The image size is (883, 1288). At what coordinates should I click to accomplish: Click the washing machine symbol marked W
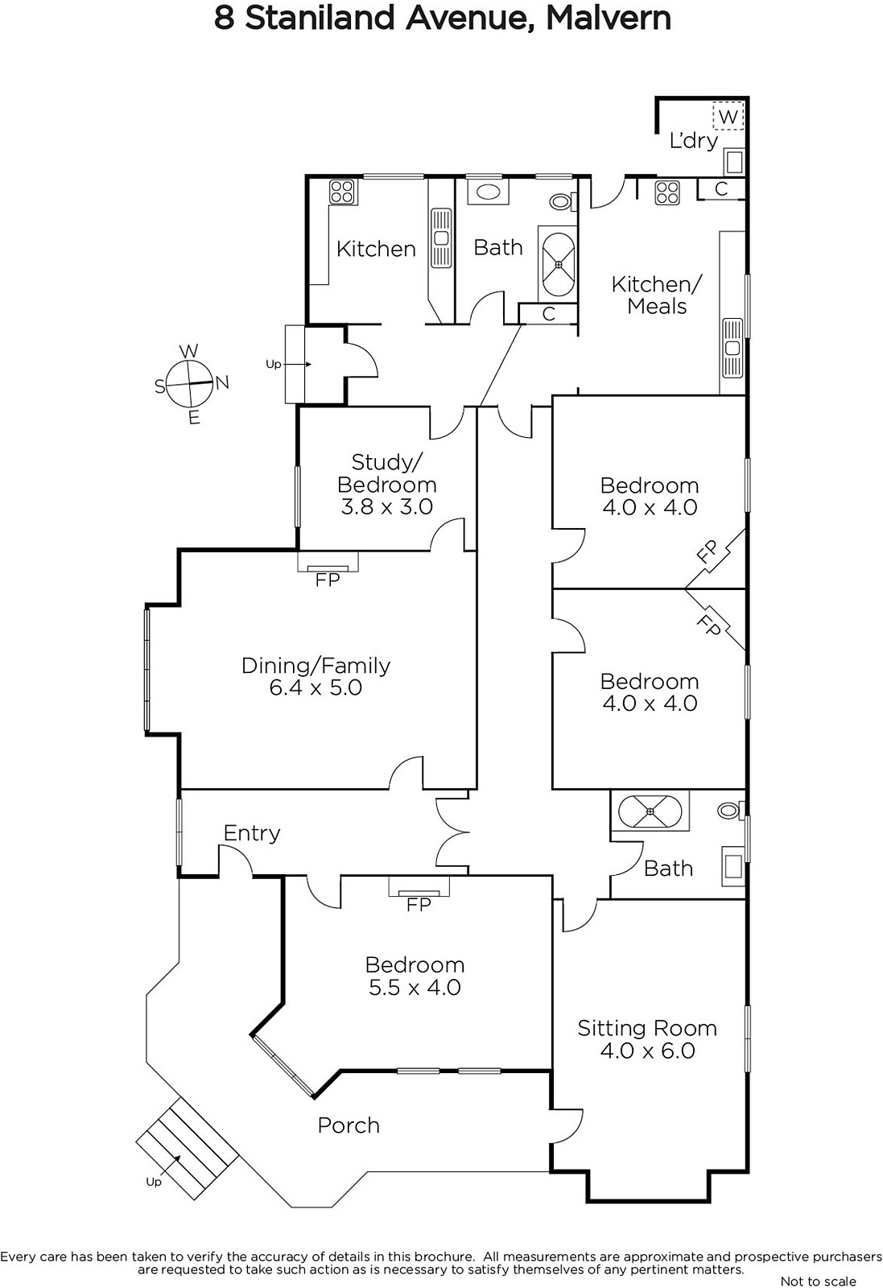tap(728, 116)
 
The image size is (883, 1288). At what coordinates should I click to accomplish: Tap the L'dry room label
tap(694, 141)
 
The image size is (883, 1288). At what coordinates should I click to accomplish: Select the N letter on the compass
tap(222, 382)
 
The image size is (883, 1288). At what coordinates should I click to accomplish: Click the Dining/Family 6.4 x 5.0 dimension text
tap(316, 687)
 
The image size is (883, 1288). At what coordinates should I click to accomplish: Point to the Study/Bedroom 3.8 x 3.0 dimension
tap(387, 506)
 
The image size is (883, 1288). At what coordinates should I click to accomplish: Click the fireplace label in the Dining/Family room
tap(328, 580)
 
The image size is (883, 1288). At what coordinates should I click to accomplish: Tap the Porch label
tap(349, 1125)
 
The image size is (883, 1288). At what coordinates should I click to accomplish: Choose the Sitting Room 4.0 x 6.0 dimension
tap(648, 1051)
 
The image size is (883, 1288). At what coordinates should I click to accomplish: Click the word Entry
tap(252, 833)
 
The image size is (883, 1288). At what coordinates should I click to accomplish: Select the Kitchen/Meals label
tap(657, 295)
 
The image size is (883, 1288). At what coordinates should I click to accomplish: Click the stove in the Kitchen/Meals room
tap(666, 193)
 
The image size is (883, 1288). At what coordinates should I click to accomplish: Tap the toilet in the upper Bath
tap(561, 201)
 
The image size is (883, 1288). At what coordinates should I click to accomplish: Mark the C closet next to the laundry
tap(721, 188)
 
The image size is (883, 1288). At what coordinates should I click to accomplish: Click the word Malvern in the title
tap(609, 18)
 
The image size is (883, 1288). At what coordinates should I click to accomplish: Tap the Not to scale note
tap(818, 1281)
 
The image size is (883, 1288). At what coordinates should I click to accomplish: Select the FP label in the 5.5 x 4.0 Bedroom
tap(419, 905)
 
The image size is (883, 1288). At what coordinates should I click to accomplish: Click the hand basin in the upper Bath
tap(488, 192)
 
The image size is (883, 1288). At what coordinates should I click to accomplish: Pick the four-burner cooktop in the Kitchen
tap(341, 192)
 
